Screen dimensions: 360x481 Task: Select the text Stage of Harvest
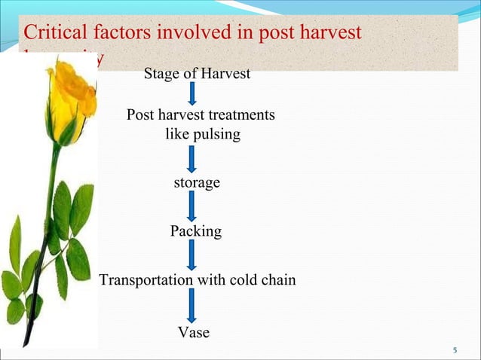pyautogui.click(x=197, y=74)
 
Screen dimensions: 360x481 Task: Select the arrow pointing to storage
pyautogui.click(x=192, y=159)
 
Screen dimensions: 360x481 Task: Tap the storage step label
pyautogui.click(x=197, y=183)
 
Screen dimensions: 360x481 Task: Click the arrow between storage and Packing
pyautogui.click(x=192, y=206)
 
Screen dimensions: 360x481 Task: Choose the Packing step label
pyautogui.click(x=196, y=231)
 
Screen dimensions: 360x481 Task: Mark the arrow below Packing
pyautogui.click(x=192, y=255)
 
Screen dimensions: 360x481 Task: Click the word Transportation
pyautogui.click(x=146, y=280)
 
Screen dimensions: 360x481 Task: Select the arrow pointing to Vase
pyautogui.click(x=192, y=306)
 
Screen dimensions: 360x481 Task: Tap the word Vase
pyautogui.click(x=193, y=332)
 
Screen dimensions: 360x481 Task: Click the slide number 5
pyautogui.click(x=455, y=350)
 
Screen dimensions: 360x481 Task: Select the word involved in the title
pyautogui.click(x=187, y=33)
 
